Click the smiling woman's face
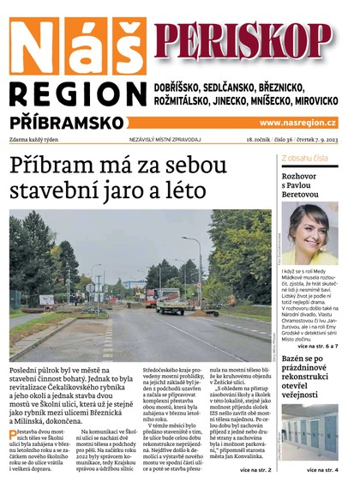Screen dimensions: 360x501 coord(314,229)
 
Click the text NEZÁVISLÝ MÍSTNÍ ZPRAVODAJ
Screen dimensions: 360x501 coord(165,139)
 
